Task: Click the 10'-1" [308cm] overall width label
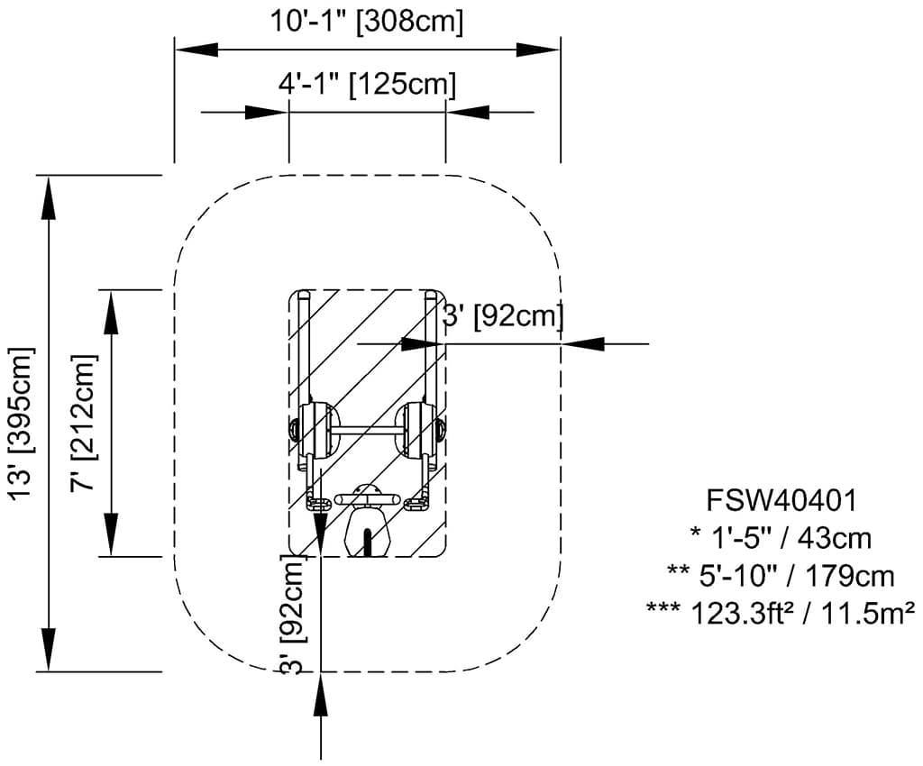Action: click(366, 21)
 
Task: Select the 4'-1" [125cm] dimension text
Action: click(368, 84)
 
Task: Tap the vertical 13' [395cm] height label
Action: click(23, 423)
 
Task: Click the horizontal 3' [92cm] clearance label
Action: click(502, 316)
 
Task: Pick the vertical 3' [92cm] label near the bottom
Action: click(293, 615)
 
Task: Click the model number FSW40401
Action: click(781, 501)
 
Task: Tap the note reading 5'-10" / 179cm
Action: click(781, 575)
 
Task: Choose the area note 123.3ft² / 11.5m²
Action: click(781, 613)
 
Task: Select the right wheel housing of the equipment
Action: click(420, 430)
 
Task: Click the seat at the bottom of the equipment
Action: click(368, 533)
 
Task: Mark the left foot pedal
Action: click(318, 504)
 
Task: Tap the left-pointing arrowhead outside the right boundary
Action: click(583, 343)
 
